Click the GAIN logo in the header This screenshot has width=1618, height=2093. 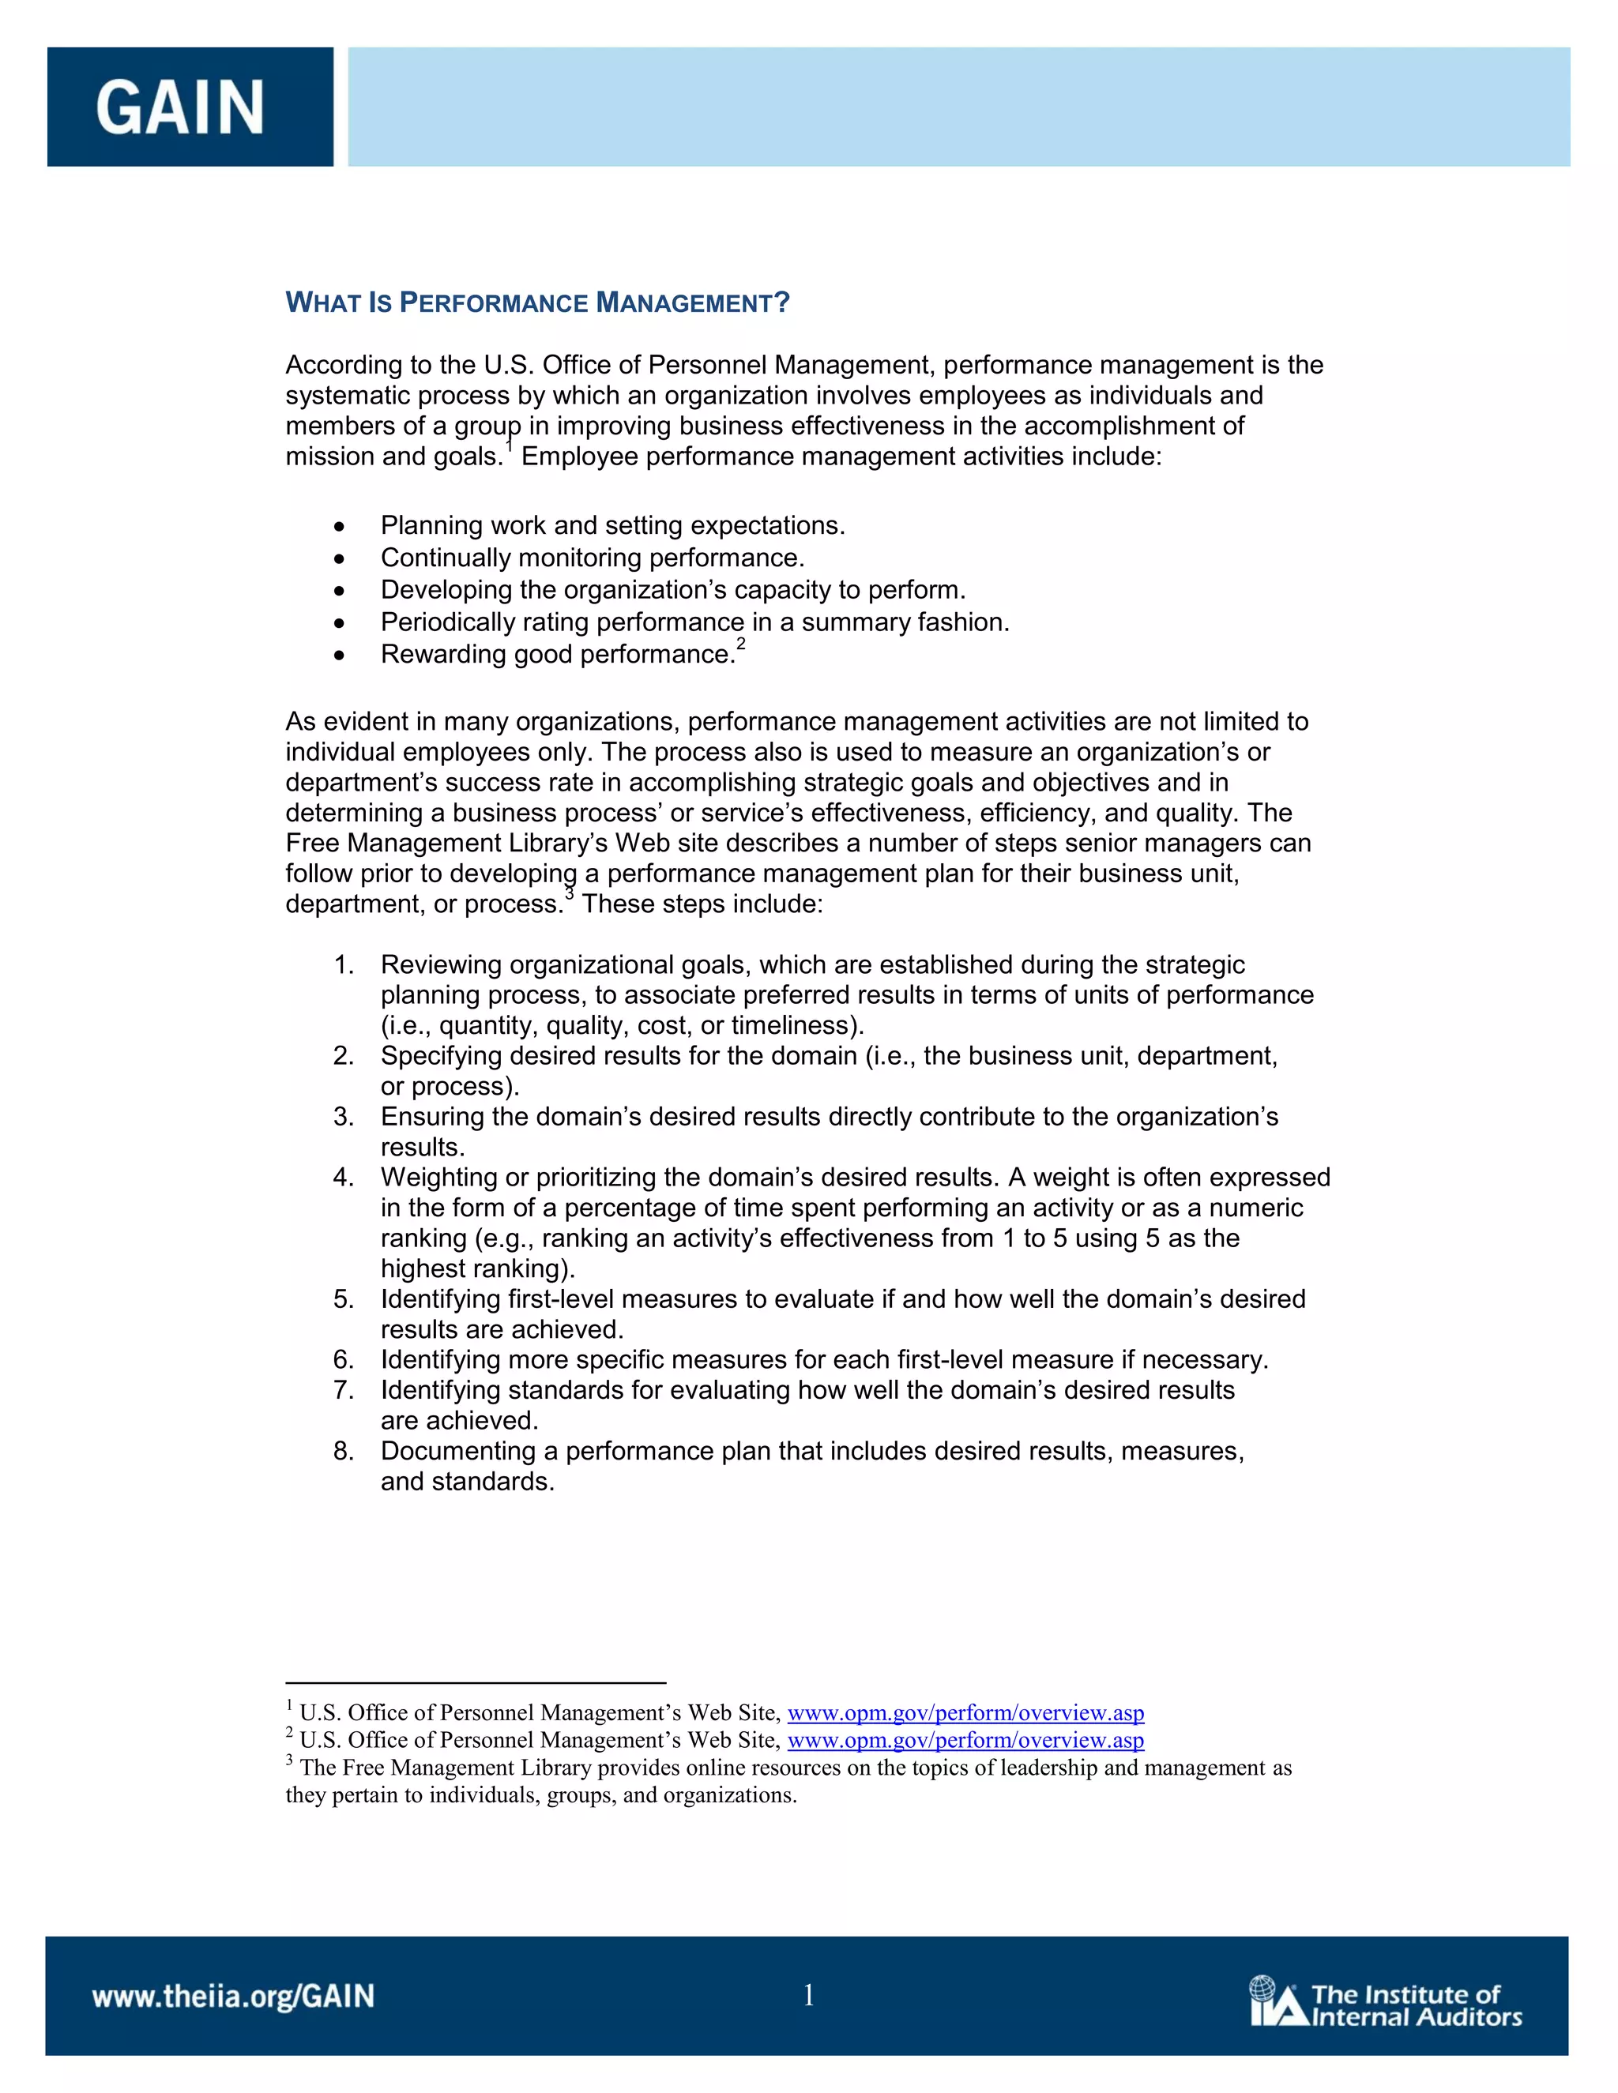coord(180,107)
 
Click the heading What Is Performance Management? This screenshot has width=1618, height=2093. coord(536,304)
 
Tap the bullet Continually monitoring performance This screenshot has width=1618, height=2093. coord(593,558)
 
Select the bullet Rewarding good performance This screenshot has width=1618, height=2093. coord(557,655)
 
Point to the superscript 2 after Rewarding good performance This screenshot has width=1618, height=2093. coord(740,645)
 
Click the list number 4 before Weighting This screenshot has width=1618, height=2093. coord(342,1178)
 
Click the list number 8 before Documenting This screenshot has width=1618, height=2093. coord(342,1451)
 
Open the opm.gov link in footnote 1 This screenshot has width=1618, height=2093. coord(965,1712)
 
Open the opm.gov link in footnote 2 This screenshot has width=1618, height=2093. coord(965,1739)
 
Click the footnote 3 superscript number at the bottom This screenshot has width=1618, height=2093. coord(289,1760)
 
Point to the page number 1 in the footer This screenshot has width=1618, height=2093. coord(808,1995)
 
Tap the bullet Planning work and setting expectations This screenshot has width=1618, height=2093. coord(612,526)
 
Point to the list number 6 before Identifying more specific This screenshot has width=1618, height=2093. coord(342,1360)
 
